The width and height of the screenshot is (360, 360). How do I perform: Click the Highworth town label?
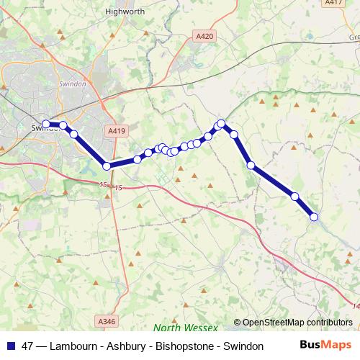(x=125, y=12)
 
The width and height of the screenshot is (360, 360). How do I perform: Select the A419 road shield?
(x=115, y=131)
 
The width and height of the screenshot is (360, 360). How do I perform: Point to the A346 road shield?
(x=105, y=321)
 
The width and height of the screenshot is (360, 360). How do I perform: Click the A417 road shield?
(x=333, y=3)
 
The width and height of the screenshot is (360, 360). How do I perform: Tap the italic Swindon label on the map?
(x=72, y=84)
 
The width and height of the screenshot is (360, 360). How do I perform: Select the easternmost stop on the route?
(x=314, y=217)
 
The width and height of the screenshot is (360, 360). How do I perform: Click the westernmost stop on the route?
(x=46, y=124)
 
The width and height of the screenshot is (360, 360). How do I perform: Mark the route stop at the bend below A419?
(x=107, y=166)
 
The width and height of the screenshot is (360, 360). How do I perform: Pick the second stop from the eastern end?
(x=294, y=196)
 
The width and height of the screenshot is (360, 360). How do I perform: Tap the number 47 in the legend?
(x=28, y=346)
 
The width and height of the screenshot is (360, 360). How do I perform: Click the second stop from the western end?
(x=63, y=125)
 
